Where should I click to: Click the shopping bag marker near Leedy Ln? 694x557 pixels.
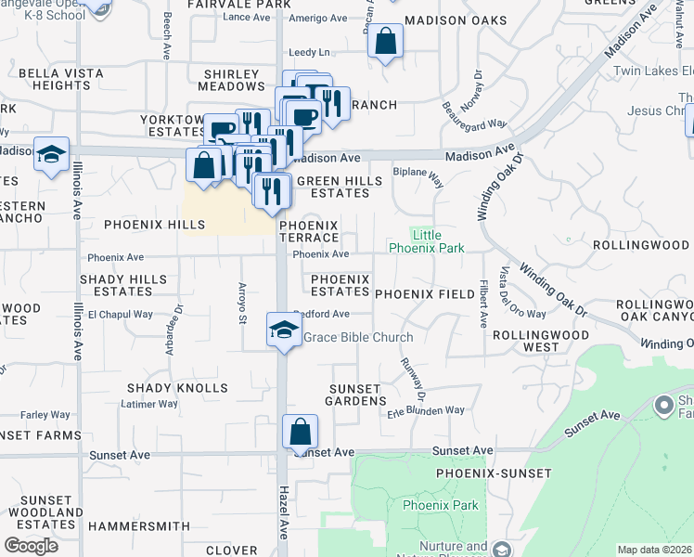385,42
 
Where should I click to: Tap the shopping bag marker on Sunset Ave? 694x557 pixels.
300,432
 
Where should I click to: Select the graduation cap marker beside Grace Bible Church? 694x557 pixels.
283,330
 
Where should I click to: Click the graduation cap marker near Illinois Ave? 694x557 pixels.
51,154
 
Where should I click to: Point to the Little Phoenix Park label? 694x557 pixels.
426,241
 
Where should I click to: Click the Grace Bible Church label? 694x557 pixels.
358,337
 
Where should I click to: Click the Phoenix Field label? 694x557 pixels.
425,293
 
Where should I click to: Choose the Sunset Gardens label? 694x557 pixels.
355,395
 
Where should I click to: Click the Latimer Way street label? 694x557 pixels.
150,404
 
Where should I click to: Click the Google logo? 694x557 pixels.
31,545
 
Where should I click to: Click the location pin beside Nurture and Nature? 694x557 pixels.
502,549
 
